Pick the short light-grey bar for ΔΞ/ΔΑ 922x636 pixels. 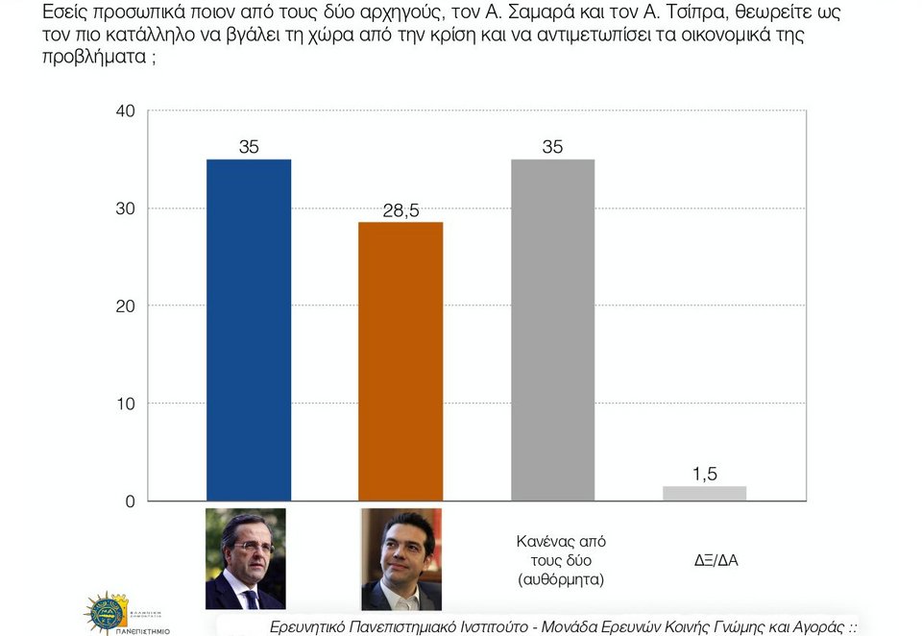point(704,493)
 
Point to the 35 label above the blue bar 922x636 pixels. point(249,147)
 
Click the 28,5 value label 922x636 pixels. point(400,210)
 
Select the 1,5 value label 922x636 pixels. point(704,474)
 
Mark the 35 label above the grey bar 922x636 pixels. point(552,147)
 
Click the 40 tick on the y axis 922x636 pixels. point(125,111)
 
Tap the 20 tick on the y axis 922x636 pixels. point(125,306)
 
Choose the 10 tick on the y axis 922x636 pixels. point(125,404)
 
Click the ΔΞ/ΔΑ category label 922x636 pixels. point(716,559)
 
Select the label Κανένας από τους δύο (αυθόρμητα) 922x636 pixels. point(561,560)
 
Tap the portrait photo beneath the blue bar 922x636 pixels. point(246,558)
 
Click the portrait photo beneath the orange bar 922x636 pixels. point(400,559)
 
